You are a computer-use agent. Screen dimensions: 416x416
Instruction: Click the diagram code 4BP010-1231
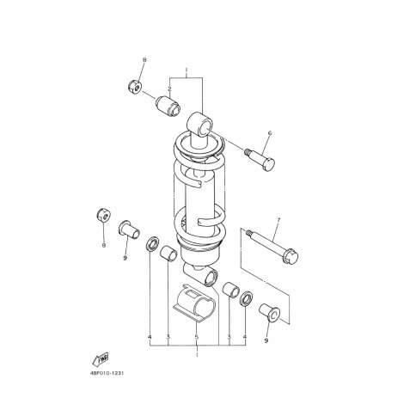107,374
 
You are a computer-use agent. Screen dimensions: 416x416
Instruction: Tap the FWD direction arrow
100,358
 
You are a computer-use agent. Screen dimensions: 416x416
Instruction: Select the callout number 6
270,133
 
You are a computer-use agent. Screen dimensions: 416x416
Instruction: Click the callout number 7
278,220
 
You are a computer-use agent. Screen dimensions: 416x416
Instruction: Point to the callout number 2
169,89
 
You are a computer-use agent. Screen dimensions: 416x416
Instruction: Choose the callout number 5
197,337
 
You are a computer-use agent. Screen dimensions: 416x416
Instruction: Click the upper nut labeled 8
134,86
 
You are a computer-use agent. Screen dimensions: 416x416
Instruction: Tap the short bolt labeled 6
260,159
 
